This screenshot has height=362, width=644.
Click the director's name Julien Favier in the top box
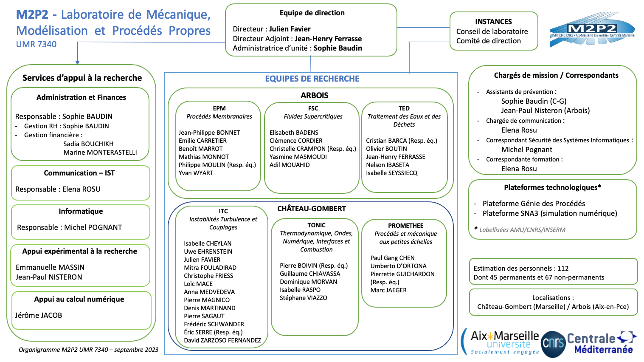click(290, 29)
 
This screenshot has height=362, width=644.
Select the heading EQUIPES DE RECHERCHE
click(312, 79)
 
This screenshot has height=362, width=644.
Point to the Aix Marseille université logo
click(501, 342)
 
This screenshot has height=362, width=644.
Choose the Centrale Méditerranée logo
click(601, 342)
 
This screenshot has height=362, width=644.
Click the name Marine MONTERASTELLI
click(100, 153)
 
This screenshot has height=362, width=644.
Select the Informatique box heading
click(81, 211)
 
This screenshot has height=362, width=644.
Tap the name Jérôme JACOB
click(39, 315)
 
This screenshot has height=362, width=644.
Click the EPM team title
click(219, 108)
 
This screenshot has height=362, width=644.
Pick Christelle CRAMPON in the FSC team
click(298, 149)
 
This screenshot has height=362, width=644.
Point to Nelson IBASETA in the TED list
click(387, 165)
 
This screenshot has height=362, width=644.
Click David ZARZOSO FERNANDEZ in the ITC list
click(222, 340)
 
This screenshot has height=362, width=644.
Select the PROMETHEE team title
click(406, 226)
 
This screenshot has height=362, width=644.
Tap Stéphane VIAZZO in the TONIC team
click(303, 298)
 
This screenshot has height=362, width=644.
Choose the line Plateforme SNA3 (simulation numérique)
click(550, 214)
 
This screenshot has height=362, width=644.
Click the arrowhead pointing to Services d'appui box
click(77, 63)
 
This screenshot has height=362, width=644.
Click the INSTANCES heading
click(493, 22)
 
